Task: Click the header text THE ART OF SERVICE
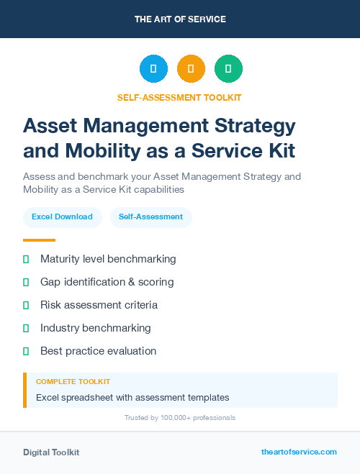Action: pyautogui.click(x=180, y=19)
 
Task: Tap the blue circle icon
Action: pyautogui.click(x=153, y=69)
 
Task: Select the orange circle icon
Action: pyautogui.click(x=191, y=69)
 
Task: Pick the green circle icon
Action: pyautogui.click(x=228, y=69)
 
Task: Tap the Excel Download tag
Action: pyautogui.click(x=62, y=217)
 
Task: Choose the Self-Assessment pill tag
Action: pyautogui.click(x=150, y=217)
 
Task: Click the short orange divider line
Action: pyautogui.click(x=39, y=240)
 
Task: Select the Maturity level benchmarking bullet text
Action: pyautogui.click(x=108, y=259)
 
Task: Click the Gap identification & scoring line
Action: pyautogui.click(x=107, y=282)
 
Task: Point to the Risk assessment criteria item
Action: pyautogui.click(x=99, y=305)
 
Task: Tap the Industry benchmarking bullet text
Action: pyautogui.click(x=95, y=328)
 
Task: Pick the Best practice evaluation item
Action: pyautogui.click(x=98, y=351)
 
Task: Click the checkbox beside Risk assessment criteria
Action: pyautogui.click(x=26, y=305)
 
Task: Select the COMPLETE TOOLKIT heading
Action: pyautogui.click(x=73, y=381)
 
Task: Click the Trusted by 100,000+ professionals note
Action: pyautogui.click(x=180, y=417)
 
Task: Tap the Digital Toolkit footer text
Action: pyautogui.click(x=51, y=452)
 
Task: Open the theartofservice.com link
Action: pyautogui.click(x=299, y=452)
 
